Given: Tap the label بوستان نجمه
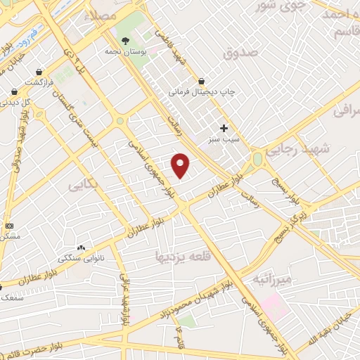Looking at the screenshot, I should tap(126, 51).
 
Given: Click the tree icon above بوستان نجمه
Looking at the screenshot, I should tap(126, 41).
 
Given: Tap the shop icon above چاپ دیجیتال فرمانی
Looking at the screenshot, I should tap(202, 81).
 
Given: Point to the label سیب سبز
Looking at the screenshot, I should tap(224, 139).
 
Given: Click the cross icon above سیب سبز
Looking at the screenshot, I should tap(224, 128).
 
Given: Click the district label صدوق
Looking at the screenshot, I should tap(241, 53).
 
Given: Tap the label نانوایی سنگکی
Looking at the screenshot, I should tap(77, 258).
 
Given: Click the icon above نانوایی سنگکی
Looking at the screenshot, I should tap(81, 247).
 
